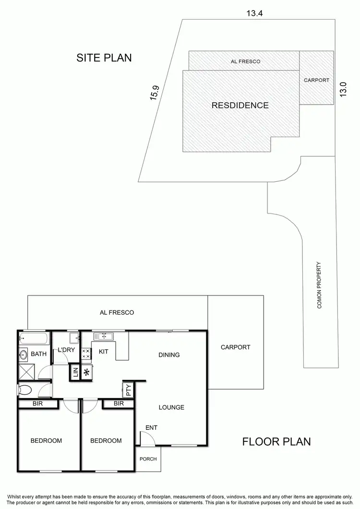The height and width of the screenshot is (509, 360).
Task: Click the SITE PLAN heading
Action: pos(104,58)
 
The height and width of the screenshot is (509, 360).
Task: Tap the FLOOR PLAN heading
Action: pos(276,441)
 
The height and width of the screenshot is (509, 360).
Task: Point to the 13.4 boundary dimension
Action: pos(254,13)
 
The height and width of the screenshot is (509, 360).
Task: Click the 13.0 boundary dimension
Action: pos(343,90)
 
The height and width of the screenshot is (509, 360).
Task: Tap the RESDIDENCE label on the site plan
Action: pos(240,106)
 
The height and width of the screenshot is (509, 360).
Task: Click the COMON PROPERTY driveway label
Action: pos(319,284)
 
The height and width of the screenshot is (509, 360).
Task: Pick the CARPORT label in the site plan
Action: pos(316,80)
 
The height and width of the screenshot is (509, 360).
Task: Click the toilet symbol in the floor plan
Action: pos(25,389)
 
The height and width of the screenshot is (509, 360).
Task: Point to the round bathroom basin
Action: pos(24,355)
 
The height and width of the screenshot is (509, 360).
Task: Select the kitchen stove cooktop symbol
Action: pos(86,354)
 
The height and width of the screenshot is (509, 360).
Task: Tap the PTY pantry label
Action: pos(128,390)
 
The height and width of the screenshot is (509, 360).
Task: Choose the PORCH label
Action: pos(148,459)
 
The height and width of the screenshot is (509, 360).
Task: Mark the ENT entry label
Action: pos(152,427)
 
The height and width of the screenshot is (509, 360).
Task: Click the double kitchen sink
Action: pos(103,336)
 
